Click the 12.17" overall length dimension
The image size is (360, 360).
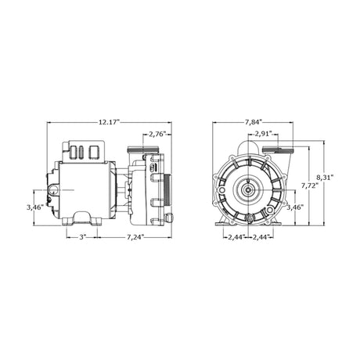click(109, 122)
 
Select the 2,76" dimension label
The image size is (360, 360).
click(157, 135)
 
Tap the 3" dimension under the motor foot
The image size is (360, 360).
click(82, 237)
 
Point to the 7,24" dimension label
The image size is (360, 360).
click(135, 237)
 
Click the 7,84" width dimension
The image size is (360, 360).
click(253, 122)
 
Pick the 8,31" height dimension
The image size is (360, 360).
click(325, 178)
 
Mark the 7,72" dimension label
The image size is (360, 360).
click(310, 185)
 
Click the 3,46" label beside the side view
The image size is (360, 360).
click(35, 207)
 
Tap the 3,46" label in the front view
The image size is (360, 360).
click(295, 207)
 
